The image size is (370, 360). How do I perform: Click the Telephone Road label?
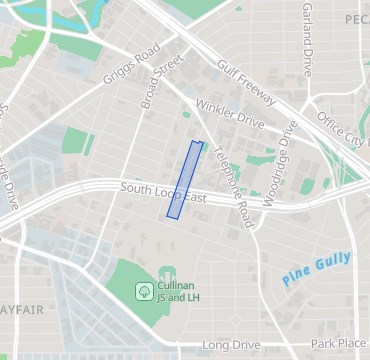click(x=231, y=178)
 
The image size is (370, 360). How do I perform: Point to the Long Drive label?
click(x=231, y=345)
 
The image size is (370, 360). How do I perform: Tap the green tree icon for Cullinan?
click(x=145, y=291)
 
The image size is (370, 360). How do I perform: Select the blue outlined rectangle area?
click(x=184, y=180)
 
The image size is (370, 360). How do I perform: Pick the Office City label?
click(x=343, y=129)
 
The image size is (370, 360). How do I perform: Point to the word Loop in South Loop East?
click(x=165, y=192)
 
